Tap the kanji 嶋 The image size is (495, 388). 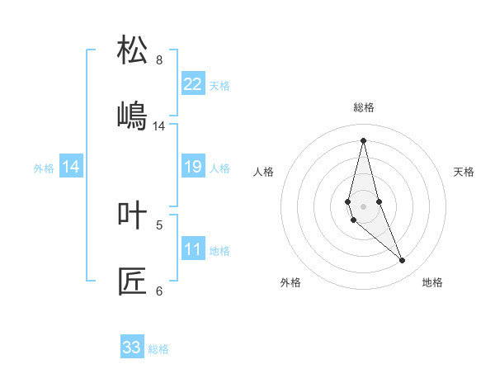click(x=132, y=116)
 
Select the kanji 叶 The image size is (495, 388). click(x=132, y=215)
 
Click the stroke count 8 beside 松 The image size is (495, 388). click(x=159, y=60)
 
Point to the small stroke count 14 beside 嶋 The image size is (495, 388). click(x=159, y=126)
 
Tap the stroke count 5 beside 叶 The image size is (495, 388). click(x=159, y=225)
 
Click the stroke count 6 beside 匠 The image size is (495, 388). click(x=159, y=291)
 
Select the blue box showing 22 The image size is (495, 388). click(x=193, y=84)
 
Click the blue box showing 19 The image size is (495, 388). click(x=193, y=167)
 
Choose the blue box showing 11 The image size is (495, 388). click(x=193, y=249)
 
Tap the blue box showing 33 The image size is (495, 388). click(x=132, y=348)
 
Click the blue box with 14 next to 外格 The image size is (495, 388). click(x=71, y=167)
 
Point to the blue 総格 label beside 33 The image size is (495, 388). click(x=158, y=349)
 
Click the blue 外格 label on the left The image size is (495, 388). click(x=44, y=168)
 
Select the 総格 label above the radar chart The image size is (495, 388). click(x=363, y=107)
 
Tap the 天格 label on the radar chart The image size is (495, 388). click(x=464, y=172)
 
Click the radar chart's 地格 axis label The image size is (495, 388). click(x=432, y=283)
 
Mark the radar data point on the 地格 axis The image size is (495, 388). click(x=403, y=261)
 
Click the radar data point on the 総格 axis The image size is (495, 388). click(x=363, y=140)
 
